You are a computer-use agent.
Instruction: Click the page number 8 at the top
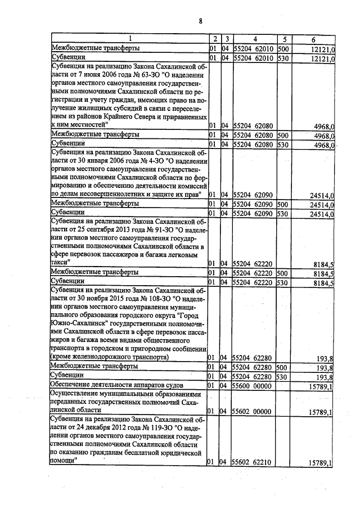tap(200, 21)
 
